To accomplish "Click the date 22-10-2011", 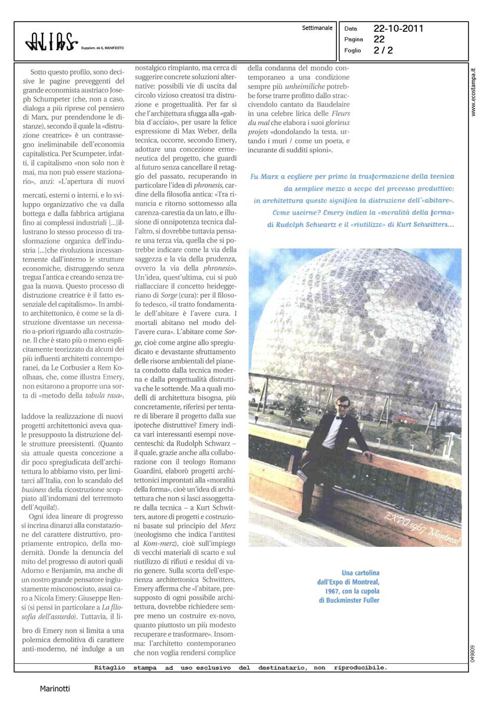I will pyautogui.click(x=398, y=28).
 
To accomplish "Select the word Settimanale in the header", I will pyautogui.click(x=317, y=28).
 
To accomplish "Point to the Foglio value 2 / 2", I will pyautogui.click(x=383, y=50).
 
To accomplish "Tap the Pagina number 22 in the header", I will pyautogui.click(x=379, y=39).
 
